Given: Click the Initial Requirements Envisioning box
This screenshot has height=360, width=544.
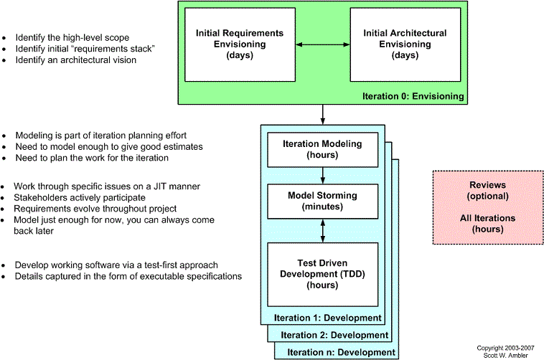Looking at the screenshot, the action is click(x=240, y=44).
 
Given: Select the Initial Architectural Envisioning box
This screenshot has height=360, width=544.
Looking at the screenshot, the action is click(x=405, y=44).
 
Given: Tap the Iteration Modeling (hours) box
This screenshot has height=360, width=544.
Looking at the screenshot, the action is click(x=323, y=150).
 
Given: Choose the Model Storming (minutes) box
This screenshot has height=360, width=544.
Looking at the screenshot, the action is click(x=323, y=202).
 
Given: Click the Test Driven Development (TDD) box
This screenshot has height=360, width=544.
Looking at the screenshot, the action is click(x=323, y=275).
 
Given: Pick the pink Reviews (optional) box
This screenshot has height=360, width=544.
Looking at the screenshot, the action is click(x=488, y=207).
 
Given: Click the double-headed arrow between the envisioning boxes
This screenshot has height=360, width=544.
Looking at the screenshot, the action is click(x=323, y=44).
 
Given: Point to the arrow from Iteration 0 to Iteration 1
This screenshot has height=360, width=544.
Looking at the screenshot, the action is click(x=323, y=115).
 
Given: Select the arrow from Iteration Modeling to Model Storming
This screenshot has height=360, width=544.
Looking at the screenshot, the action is click(x=323, y=176).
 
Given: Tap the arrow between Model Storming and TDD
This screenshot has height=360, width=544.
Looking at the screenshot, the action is click(x=323, y=231).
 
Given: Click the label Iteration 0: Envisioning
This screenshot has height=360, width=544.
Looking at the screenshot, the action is click(x=413, y=96).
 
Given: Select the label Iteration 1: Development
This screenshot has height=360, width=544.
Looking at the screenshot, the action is click(x=327, y=318).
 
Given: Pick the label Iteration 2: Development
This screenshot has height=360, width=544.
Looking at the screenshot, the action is click(x=334, y=335).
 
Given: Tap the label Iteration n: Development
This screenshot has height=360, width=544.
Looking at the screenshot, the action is click(x=341, y=352).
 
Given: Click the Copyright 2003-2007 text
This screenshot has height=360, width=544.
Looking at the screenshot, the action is click(x=505, y=348).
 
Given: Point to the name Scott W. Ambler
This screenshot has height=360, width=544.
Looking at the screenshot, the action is click(x=505, y=356).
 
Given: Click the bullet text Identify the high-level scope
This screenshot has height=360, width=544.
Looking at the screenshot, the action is click(x=72, y=37).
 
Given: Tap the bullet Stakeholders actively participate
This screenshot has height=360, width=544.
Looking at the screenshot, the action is click(x=80, y=198).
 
